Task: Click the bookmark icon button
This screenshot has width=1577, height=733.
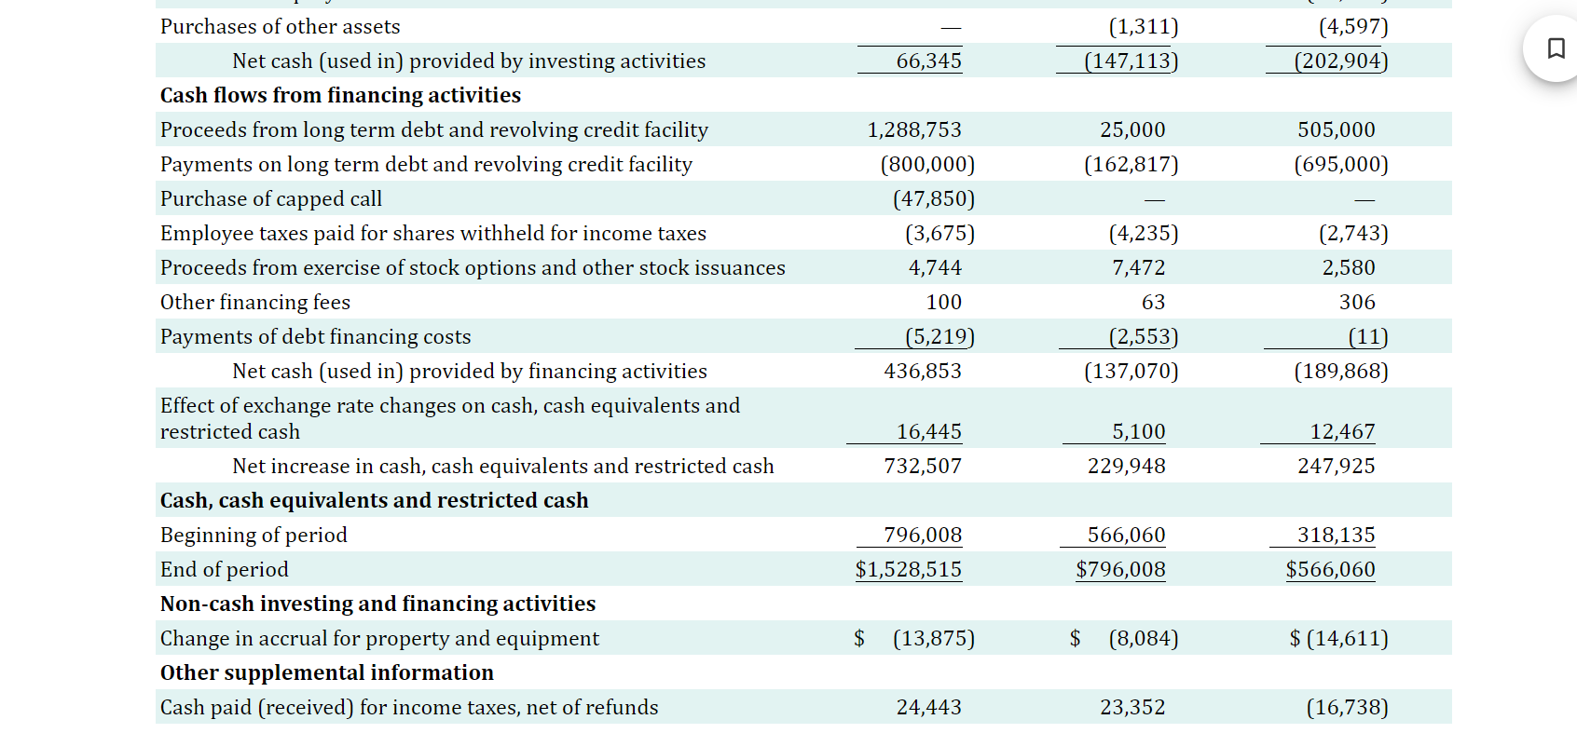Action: point(1556,48)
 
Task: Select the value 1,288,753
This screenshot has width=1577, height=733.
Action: point(914,130)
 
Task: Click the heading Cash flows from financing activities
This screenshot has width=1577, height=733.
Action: point(340,96)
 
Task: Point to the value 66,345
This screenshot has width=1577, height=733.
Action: point(928,61)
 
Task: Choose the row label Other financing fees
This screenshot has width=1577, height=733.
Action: point(255,303)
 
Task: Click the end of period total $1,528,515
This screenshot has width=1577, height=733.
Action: point(909,570)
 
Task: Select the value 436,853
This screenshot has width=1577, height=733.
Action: point(923,372)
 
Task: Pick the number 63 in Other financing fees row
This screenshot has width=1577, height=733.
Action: point(1153,303)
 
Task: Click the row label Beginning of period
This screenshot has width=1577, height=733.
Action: point(254,536)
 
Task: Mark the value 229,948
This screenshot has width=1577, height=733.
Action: point(1126,467)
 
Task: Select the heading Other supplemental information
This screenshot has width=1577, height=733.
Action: point(327,673)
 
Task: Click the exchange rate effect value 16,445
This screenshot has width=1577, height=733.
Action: point(928,432)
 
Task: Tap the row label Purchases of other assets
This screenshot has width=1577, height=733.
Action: point(281,27)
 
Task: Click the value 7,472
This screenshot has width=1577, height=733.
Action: point(1138,268)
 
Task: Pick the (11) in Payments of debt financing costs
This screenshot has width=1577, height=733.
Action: point(1367,337)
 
